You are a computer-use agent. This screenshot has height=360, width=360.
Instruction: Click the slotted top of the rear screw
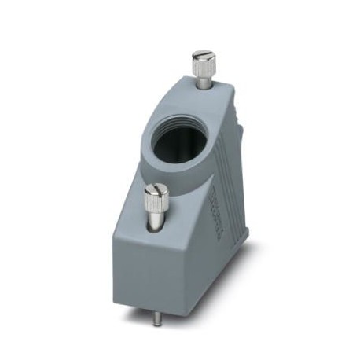point(203,56)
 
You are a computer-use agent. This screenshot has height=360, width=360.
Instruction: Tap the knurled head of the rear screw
point(203,67)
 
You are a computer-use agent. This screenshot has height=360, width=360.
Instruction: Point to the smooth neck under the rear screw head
point(203,82)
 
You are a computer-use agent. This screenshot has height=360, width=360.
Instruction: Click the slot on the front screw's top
point(156,189)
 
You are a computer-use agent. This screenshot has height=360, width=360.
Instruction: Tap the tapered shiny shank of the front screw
point(156,222)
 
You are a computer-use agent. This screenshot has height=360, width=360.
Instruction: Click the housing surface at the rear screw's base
point(204,91)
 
